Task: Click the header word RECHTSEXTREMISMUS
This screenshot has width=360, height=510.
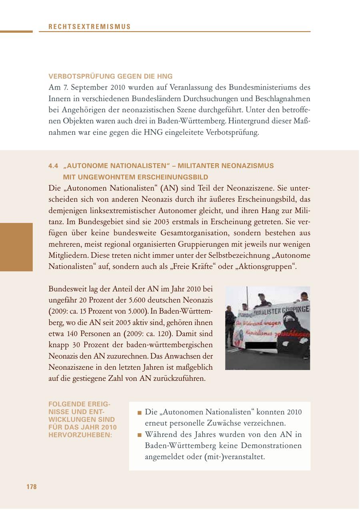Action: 90,27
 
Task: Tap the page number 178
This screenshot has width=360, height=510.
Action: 32,486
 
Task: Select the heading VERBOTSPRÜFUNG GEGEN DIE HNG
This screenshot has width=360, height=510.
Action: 110,76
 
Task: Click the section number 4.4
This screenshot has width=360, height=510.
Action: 53,165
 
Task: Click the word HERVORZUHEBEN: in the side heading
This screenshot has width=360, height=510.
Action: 80,434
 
